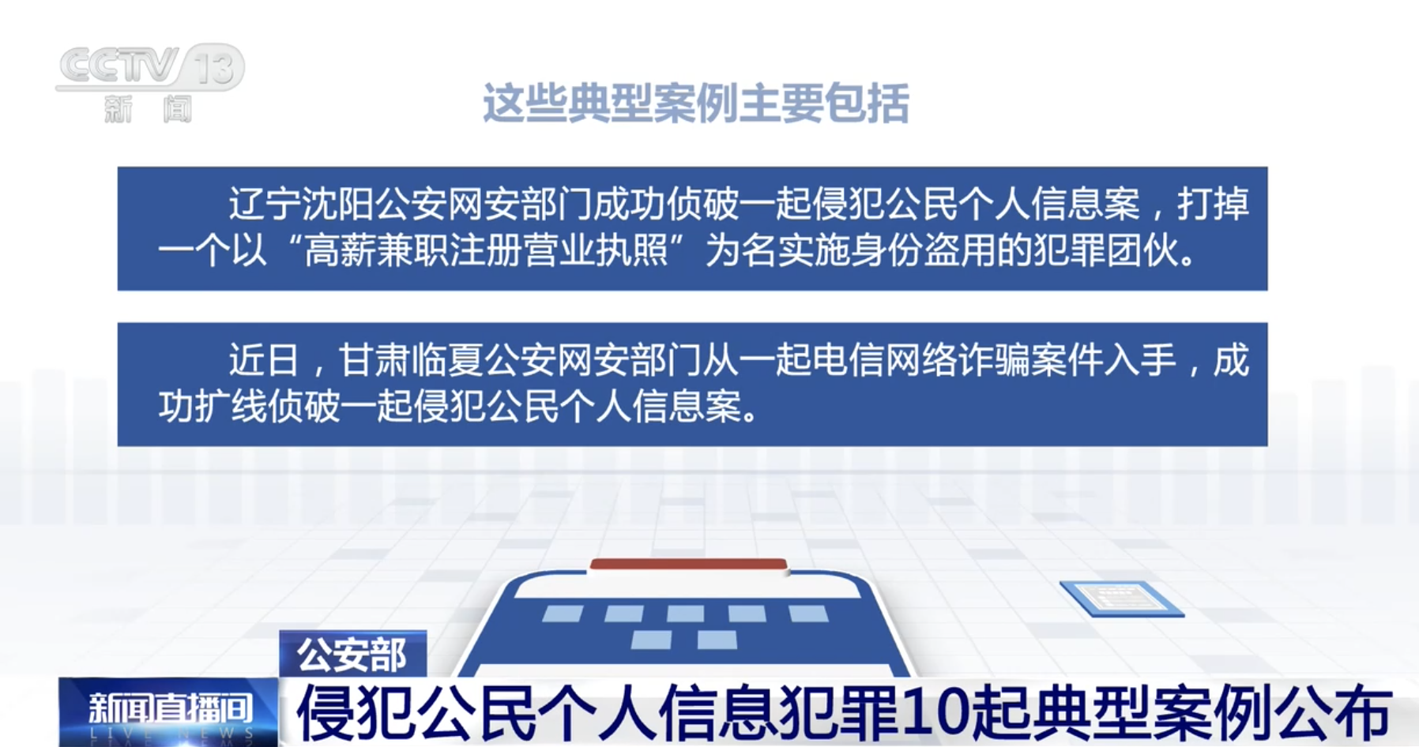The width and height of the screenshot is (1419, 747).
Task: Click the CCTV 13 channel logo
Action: tap(150, 83)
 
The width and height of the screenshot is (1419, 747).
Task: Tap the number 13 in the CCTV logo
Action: tap(214, 66)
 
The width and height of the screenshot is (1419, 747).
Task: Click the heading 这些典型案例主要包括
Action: tap(695, 103)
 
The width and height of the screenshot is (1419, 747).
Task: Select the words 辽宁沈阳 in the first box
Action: tap(301, 204)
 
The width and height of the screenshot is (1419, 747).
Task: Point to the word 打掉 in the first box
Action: tap(1213, 204)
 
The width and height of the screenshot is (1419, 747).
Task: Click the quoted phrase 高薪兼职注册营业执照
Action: tap(486, 251)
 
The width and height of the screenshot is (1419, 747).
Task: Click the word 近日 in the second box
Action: tap(264, 360)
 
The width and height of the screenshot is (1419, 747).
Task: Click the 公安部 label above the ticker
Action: tap(352, 654)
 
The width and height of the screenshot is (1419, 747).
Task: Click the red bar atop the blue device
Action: tap(688, 565)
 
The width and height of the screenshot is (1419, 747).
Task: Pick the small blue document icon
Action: tap(1121, 599)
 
